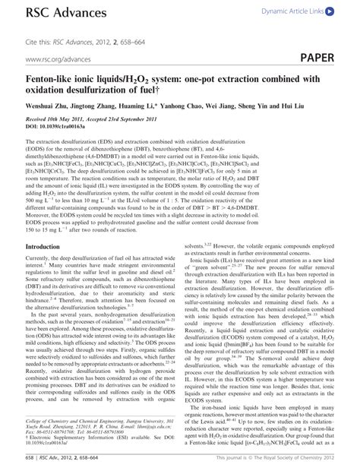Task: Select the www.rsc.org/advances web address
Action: [x=55, y=58]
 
